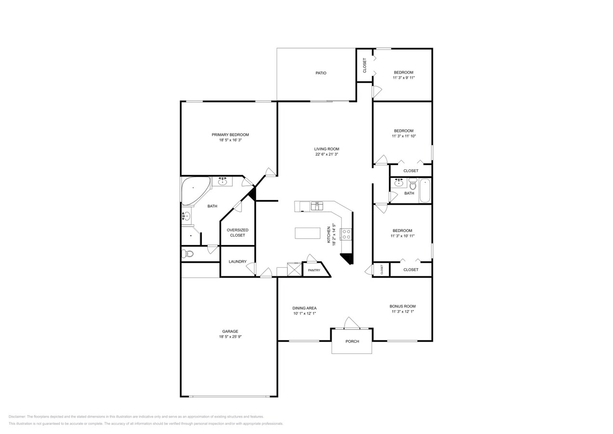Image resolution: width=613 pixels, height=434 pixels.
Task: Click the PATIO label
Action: pyautogui.click(x=321, y=73)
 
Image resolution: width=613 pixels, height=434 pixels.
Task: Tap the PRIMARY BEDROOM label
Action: pyautogui.click(x=230, y=135)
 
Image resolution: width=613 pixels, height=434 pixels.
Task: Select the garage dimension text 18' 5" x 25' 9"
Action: pyautogui.click(x=230, y=337)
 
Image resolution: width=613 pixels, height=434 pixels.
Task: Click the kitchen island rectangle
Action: pyautogui.click(x=307, y=233)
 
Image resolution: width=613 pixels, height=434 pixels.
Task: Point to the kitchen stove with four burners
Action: pyautogui.click(x=346, y=234)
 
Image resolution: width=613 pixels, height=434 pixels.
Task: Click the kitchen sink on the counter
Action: pyautogui.click(x=317, y=206)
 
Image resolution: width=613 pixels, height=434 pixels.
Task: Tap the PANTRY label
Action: pyautogui.click(x=314, y=270)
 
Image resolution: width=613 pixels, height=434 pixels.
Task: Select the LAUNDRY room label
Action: pyautogui.click(x=238, y=261)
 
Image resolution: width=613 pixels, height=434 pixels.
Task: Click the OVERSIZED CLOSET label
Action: pyautogui.click(x=237, y=232)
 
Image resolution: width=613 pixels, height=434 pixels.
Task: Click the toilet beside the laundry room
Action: pyautogui.click(x=188, y=254)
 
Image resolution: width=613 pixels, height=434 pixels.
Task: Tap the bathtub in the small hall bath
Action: pyautogui.click(x=425, y=190)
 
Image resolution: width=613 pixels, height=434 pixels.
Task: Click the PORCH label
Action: pyautogui.click(x=352, y=341)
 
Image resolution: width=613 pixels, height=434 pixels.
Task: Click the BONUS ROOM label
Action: pyautogui.click(x=402, y=306)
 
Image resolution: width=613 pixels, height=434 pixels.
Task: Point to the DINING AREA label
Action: pyautogui.click(x=304, y=308)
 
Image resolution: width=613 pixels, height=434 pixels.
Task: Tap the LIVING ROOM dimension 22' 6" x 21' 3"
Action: pyautogui.click(x=327, y=154)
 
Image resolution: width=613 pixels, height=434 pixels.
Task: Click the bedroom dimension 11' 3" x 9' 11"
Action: pyautogui.click(x=403, y=78)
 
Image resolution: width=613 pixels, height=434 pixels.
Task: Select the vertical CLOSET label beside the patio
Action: pyautogui.click(x=364, y=65)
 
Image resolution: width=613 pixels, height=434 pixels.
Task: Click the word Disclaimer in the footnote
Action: pyautogui.click(x=17, y=417)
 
